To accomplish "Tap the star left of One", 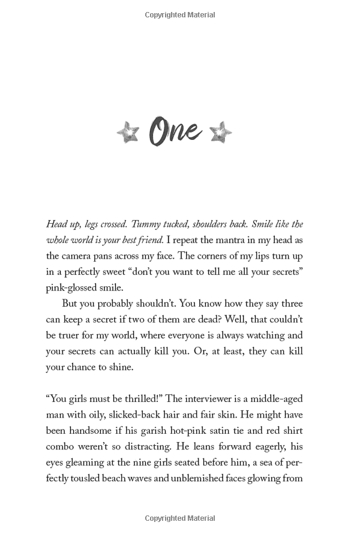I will tap(128, 132).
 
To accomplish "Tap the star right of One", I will tap(221, 132).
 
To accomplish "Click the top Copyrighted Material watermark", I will tap(180, 15).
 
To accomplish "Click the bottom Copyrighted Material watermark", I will tap(180, 518).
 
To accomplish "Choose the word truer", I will tap(72, 335).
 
